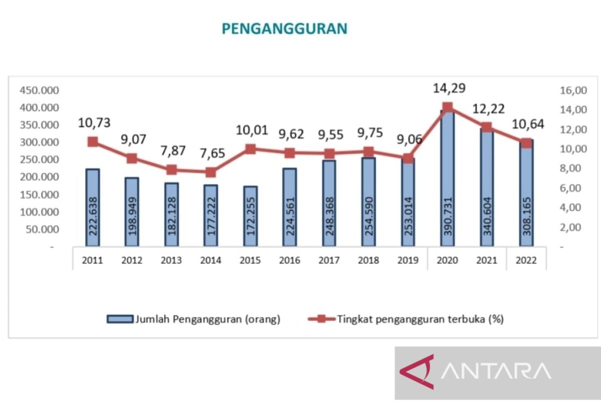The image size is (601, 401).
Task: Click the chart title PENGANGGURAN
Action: coord(284,29)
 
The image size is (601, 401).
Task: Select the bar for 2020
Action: coord(447,190)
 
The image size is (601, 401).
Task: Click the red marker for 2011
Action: coord(92,142)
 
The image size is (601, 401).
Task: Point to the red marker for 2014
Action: coord(210,172)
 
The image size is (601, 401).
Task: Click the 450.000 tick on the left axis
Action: coord(39,90)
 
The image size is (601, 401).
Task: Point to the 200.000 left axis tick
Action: coord(39,177)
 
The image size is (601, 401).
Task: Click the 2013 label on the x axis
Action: coord(171,261)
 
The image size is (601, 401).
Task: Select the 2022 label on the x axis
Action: coord(526,261)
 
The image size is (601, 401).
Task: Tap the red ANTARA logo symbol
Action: coord(416,372)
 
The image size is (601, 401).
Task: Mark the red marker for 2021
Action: coord(486,127)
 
